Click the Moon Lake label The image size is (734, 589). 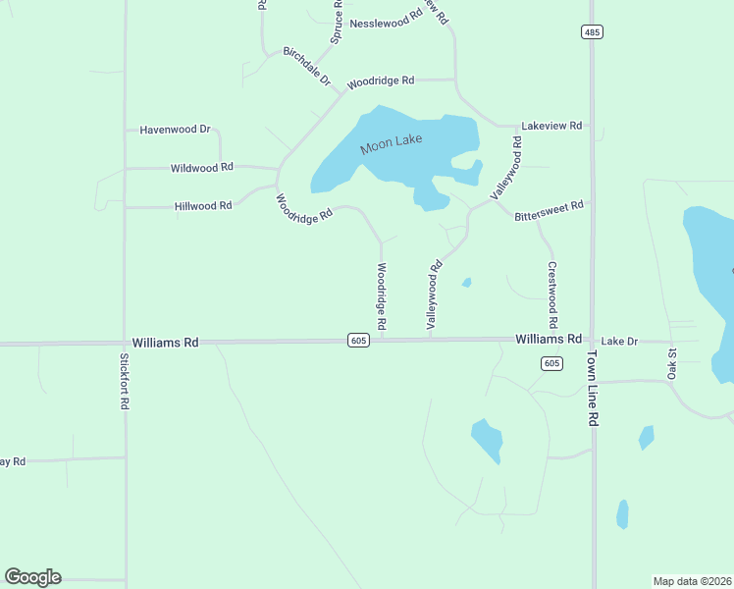pyautogui.click(x=391, y=144)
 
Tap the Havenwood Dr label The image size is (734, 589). pyautogui.click(x=176, y=129)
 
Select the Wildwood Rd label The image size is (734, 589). pyautogui.click(x=201, y=168)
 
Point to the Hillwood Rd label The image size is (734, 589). pyautogui.click(x=203, y=205)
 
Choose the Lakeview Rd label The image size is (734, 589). pyautogui.click(x=552, y=126)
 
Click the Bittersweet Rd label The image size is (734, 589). pyautogui.click(x=550, y=210)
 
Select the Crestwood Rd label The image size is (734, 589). pyautogui.click(x=552, y=294)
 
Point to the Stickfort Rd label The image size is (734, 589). pyautogui.click(x=125, y=381)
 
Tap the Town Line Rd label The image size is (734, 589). pyautogui.click(x=593, y=387)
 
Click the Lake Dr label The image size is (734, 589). pyautogui.click(x=619, y=341)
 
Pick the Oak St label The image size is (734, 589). pyautogui.click(x=673, y=362)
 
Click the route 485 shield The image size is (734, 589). pyautogui.click(x=591, y=31)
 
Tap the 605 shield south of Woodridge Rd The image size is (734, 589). pyautogui.click(x=357, y=340)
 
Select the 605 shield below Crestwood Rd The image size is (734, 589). pyautogui.click(x=551, y=363)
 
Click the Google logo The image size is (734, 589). pyautogui.click(x=32, y=577)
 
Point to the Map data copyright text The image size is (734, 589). pyautogui.click(x=693, y=581)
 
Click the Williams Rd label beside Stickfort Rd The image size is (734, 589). pyautogui.click(x=166, y=343)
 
